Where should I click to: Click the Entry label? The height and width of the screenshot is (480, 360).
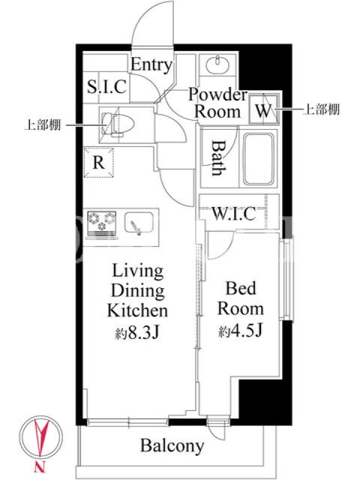click(152, 65)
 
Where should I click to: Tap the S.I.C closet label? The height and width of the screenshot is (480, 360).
click(107, 86)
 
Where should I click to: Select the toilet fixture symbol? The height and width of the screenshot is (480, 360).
click(118, 125)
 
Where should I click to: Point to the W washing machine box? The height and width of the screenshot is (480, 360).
click(264, 110)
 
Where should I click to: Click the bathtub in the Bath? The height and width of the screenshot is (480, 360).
click(259, 159)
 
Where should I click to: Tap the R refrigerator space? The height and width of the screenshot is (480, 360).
click(99, 163)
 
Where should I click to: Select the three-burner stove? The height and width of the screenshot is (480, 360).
click(102, 223)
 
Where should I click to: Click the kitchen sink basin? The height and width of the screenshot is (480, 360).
click(139, 223)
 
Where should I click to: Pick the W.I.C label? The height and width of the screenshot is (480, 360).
click(234, 214)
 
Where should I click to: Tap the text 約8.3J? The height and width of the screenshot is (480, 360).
click(137, 333)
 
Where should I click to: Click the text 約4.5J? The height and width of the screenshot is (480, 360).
click(241, 331)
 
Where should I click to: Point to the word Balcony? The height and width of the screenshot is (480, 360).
click(172, 446)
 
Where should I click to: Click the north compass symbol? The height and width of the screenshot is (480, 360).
click(41, 437)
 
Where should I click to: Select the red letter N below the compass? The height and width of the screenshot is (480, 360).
click(40, 467)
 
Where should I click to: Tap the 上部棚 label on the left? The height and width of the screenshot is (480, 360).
click(43, 125)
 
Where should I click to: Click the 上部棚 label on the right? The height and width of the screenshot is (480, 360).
click(321, 109)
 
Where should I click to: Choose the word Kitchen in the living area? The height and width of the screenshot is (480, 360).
click(137, 310)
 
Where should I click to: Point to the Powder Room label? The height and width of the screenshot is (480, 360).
click(218, 103)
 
